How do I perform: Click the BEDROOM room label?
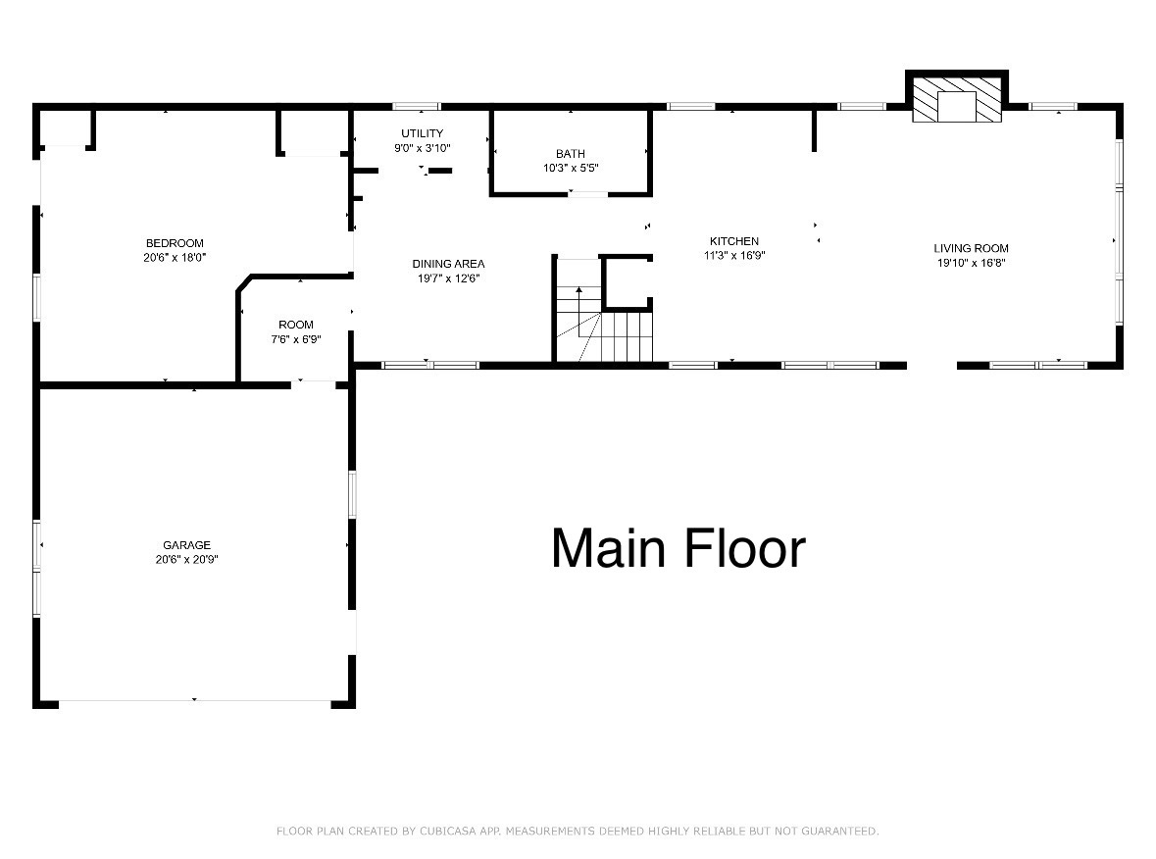(x=175, y=243)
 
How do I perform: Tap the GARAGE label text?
(x=186, y=545)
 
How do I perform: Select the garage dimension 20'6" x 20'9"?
(x=186, y=560)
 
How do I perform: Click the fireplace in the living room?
(x=957, y=102)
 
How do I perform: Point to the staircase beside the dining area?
(x=602, y=324)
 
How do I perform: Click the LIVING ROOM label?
(x=970, y=248)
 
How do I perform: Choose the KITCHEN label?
(x=734, y=241)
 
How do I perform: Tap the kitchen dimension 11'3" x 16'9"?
(x=734, y=255)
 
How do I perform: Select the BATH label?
(x=571, y=154)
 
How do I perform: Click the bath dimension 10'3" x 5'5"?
(x=571, y=168)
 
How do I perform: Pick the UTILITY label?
(x=422, y=133)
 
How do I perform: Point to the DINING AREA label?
(x=448, y=264)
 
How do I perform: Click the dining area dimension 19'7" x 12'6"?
(x=448, y=278)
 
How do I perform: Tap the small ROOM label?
(x=296, y=325)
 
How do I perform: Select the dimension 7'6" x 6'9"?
(x=296, y=339)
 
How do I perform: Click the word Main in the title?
(x=609, y=548)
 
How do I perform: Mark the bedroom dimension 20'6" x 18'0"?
(x=175, y=257)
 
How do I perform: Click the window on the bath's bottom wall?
(x=588, y=194)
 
